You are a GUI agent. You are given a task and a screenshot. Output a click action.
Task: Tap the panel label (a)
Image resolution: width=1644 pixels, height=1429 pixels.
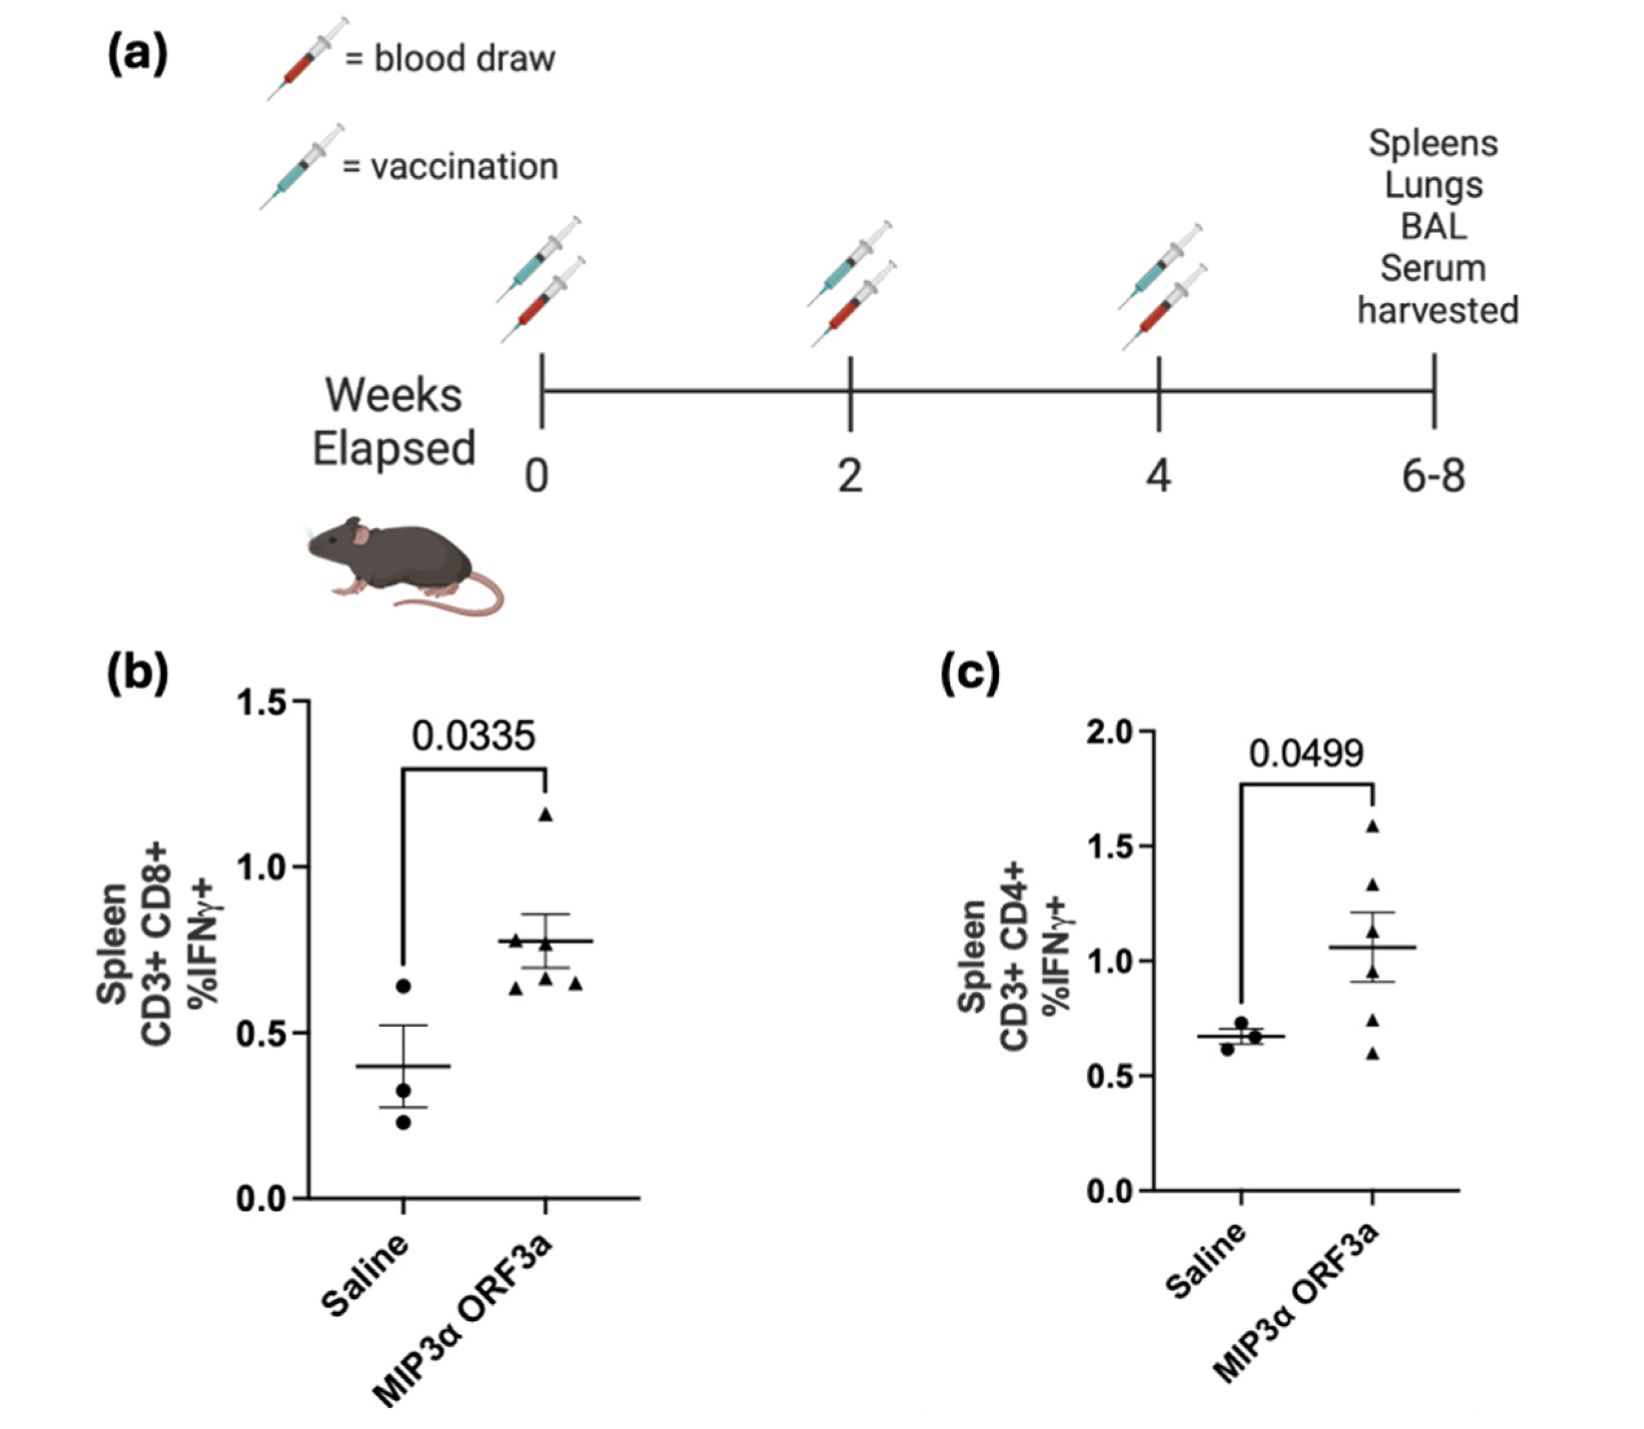137,56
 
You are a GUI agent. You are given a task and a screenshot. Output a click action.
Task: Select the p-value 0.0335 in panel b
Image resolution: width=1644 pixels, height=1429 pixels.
473,735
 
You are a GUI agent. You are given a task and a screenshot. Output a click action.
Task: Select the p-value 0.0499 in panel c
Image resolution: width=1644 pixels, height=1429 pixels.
1306,753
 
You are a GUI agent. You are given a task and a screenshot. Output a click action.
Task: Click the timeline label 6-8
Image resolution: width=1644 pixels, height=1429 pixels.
1434,477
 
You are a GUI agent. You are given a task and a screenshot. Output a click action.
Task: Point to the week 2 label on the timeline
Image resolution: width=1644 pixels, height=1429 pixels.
850,477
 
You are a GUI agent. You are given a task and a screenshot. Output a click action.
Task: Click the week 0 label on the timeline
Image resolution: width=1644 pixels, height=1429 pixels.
537,477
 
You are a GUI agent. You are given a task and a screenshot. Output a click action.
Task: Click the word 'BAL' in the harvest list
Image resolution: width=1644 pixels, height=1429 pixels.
1434,227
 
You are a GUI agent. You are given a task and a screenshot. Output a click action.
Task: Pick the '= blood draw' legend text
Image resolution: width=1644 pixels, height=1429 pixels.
450,59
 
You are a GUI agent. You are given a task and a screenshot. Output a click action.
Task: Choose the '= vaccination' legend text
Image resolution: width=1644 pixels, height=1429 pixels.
450,167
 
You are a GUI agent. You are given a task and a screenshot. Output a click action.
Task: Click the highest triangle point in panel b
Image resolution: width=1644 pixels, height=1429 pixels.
546,814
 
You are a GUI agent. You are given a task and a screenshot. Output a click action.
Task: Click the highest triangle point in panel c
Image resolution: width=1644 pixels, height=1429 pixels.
1373,826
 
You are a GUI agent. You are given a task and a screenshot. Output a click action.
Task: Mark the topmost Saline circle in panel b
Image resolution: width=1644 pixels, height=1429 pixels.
403,986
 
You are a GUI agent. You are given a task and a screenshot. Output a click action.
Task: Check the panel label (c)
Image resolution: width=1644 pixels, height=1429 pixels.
969,674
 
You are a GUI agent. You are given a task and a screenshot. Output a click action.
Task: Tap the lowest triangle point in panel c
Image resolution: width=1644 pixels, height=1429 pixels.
1373,1054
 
